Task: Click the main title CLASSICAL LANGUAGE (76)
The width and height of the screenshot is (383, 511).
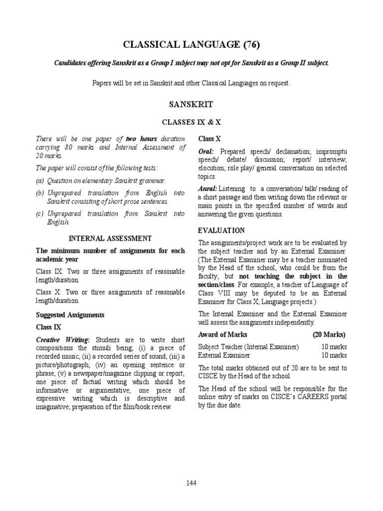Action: [191, 45]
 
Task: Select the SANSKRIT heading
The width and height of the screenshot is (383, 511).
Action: [191, 104]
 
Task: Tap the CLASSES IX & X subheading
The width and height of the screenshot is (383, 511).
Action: [191, 122]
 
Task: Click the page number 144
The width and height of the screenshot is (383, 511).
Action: [191, 483]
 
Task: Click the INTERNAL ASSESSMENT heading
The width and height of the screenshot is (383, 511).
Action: [110, 239]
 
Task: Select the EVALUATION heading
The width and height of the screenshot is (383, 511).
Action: [221, 230]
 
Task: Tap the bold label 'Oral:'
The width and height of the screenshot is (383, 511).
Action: [206, 151]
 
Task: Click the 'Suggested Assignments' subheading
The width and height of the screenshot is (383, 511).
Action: [70, 315]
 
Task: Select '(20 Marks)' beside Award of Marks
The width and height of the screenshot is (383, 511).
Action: [330, 334]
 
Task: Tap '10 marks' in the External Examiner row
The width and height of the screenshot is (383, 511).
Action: [334, 355]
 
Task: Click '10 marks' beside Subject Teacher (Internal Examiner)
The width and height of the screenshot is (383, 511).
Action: [334, 347]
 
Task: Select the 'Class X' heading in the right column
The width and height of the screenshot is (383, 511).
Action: [209, 138]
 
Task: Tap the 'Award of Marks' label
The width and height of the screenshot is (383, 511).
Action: [222, 334]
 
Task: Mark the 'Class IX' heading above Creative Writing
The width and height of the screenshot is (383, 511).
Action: [48, 327]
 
